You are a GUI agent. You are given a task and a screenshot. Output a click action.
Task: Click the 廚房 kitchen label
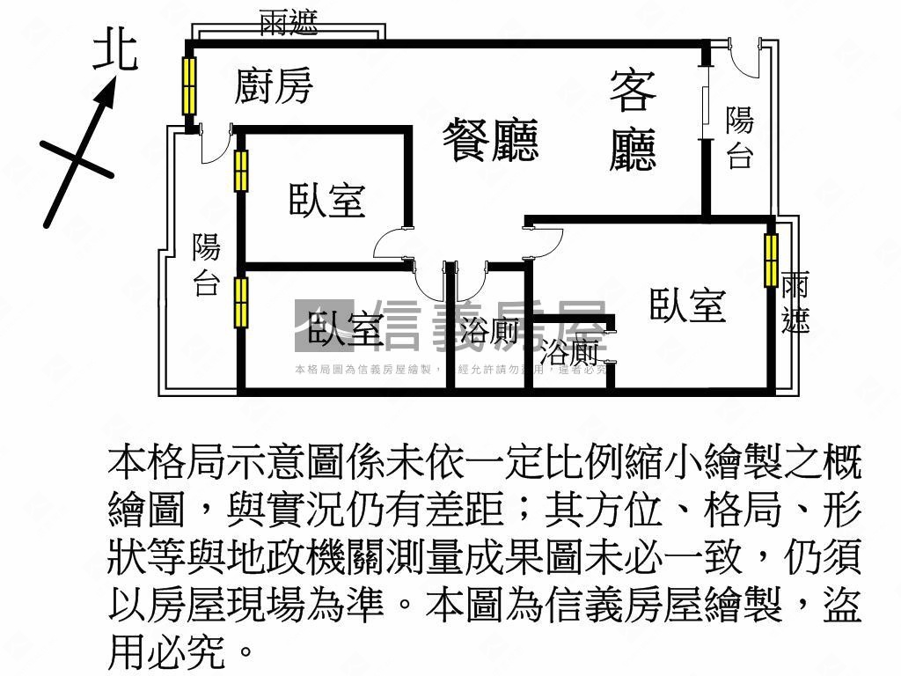[x=274, y=86]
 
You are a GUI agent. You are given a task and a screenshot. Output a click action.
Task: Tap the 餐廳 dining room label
[x=489, y=141]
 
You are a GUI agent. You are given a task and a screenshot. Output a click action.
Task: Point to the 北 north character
[x=116, y=50]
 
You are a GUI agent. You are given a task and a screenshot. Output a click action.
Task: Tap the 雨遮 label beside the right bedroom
[x=795, y=304]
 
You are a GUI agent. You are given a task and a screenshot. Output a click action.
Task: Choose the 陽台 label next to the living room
[x=740, y=138]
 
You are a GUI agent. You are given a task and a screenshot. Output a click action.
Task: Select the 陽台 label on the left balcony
[x=206, y=265]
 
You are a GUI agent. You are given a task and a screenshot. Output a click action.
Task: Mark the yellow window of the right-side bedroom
[x=772, y=261]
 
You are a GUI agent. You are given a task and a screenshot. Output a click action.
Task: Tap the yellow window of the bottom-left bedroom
[x=241, y=303]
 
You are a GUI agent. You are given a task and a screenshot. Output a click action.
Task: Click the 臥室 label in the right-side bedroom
[x=687, y=305]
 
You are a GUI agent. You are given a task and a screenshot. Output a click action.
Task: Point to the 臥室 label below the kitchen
[x=326, y=201]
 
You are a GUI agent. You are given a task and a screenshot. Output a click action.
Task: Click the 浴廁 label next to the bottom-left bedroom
[x=489, y=331]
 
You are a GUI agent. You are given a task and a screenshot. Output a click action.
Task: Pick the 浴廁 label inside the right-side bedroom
[x=569, y=353]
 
